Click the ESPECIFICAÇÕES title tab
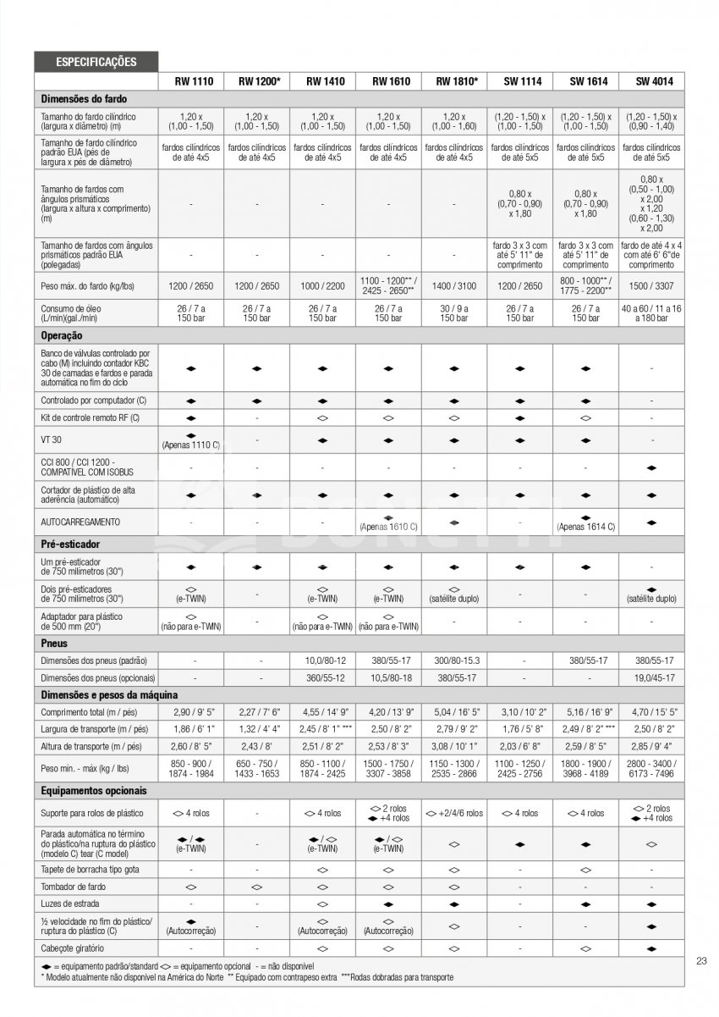[x=96, y=62]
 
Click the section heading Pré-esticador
[x=72, y=545]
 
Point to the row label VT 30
[x=51, y=440]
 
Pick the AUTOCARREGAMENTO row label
[x=80, y=522]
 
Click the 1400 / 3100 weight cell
[x=454, y=286]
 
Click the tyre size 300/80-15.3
[x=454, y=660]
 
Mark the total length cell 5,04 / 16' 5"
[x=454, y=713]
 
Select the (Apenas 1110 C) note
[x=191, y=445]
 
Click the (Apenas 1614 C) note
[x=586, y=527]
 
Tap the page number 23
[x=701, y=960]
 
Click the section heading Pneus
[x=55, y=643]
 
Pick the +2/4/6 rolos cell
[x=454, y=813]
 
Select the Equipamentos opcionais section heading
[x=94, y=791]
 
